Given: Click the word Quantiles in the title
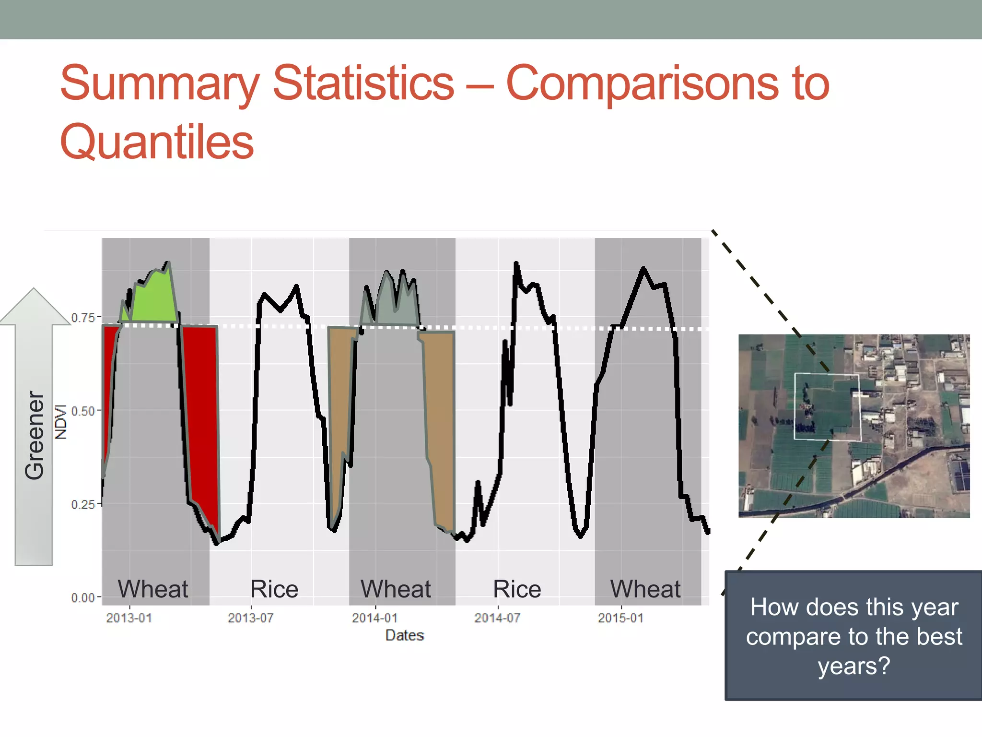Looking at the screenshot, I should point(157,142).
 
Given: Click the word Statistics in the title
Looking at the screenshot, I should point(363,83).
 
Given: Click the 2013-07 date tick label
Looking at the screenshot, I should point(250,618).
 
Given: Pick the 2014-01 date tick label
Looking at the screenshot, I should point(374,618).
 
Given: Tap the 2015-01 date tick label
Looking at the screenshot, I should point(620,618).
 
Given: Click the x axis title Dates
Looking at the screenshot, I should point(405,635).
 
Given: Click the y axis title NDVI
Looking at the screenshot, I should point(61,421).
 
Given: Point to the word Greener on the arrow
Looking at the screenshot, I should point(35,435).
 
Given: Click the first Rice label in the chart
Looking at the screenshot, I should point(274,589).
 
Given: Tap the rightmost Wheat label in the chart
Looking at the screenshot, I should point(645,589).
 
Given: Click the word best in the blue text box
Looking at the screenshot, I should point(938,637).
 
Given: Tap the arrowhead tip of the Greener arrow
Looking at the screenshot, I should point(34,290).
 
